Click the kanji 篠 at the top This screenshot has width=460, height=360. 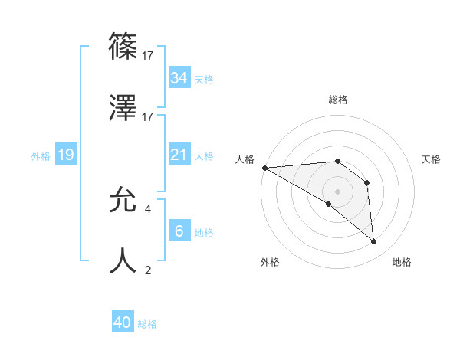point(124,46)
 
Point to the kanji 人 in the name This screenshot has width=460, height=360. point(124,261)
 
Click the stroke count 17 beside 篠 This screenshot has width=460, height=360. point(149,56)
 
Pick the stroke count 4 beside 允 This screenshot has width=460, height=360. point(148,208)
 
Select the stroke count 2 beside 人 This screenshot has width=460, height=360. point(148,270)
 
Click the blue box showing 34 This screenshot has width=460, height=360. point(179,77)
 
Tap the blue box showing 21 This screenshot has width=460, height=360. point(179,155)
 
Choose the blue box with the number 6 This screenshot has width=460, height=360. point(179,231)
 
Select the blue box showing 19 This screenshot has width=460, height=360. point(66,155)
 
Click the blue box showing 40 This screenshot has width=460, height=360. point(123,322)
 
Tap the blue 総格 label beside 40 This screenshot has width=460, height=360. point(147,324)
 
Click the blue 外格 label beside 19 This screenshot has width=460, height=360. point(41,155)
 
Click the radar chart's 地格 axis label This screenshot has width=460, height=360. point(402,262)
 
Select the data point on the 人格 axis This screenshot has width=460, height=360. point(264,168)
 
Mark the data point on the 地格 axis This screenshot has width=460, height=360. point(373,241)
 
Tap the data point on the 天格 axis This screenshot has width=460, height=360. point(367,182)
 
